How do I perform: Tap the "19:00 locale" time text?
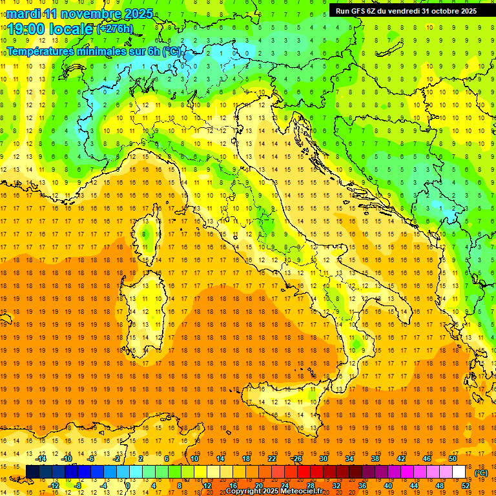pos(50,28)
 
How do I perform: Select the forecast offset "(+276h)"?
pos(115,29)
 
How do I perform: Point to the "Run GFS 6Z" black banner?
pos(406,10)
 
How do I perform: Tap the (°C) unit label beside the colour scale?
pos(481,473)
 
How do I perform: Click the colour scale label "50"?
pos(452,459)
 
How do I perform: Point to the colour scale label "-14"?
pos(41,459)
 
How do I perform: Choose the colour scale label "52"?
pos(466,486)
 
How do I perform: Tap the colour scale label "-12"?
pos(54,486)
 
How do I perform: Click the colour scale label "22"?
pos(272,459)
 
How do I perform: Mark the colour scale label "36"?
pos(362,486)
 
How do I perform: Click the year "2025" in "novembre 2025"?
pos(138,14)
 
